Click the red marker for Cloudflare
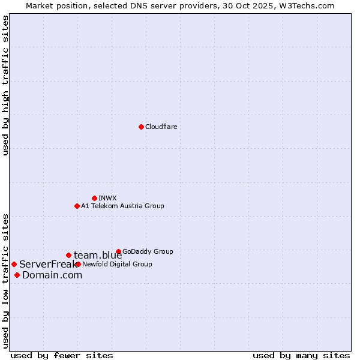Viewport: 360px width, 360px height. pos(141,127)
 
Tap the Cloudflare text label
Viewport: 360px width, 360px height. pos(161,127)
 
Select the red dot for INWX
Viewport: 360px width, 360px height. pos(94,198)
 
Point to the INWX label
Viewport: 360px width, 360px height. pos(107,198)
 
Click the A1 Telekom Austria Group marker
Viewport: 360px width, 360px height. pos(77,206)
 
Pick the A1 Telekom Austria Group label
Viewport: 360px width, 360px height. pos(122,206)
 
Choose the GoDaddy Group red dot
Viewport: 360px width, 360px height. pos(118,252)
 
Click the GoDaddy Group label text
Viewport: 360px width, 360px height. pos(148,252)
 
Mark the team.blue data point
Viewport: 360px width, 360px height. pos(68,255)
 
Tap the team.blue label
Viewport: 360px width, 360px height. pos(98,256)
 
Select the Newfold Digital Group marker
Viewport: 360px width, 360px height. pos(78,264)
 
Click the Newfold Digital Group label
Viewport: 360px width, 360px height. pos(117,265)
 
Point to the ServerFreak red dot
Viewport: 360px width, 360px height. pos(14,264)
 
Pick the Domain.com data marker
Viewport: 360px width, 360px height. pos(17,275)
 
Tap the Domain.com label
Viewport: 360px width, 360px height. pos(52,275)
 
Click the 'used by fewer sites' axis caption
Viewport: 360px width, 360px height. pos(62,356)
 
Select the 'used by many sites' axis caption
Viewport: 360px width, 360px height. pos(301,356)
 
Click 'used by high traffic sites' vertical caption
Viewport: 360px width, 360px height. pos(5,86)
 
